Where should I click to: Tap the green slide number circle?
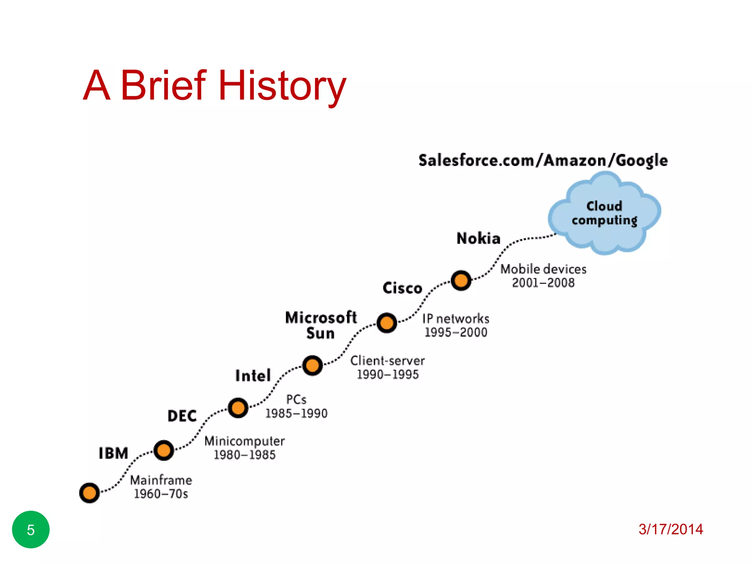(x=31, y=529)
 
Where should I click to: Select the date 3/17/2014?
(x=670, y=529)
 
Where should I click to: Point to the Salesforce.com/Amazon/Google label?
(x=543, y=161)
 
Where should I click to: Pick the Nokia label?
(x=478, y=239)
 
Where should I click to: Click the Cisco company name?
(x=402, y=288)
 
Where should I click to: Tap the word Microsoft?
(x=321, y=318)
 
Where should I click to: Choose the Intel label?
(x=253, y=376)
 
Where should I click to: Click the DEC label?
(x=182, y=416)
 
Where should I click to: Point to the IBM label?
(x=113, y=453)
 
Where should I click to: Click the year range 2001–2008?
(x=543, y=283)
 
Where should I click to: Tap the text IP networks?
(x=456, y=318)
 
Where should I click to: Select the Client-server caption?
(x=387, y=361)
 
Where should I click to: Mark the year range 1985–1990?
(x=296, y=413)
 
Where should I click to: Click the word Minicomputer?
(x=245, y=441)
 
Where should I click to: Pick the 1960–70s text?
(x=161, y=494)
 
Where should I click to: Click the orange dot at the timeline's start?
(x=89, y=493)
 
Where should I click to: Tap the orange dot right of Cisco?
(x=461, y=281)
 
